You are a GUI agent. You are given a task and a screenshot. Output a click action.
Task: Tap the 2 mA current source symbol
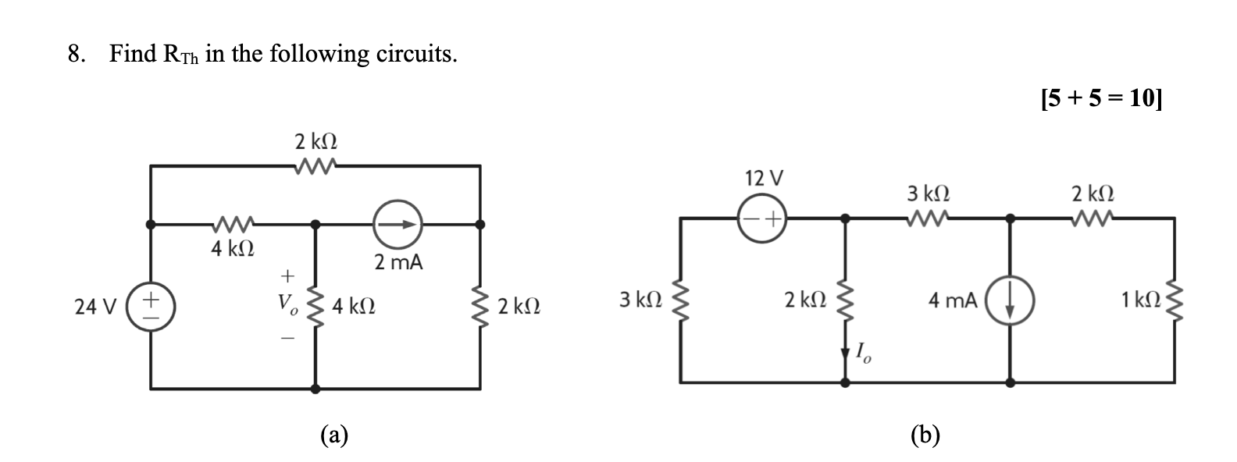[x=397, y=224]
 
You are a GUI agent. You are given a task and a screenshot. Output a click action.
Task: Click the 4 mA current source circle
[x=1011, y=301]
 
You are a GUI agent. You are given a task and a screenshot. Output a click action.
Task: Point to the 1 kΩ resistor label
[x=1138, y=299]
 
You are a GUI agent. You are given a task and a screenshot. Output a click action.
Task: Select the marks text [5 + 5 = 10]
[x=1100, y=99]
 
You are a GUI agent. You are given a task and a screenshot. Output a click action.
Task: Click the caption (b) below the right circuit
[x=925, y=434]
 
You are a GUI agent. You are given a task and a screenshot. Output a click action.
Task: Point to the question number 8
[x=75, y=54]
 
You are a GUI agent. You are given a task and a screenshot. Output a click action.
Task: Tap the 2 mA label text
[x=398, y=263]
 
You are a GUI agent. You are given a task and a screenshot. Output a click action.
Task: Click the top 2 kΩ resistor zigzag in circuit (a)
[x=315, y=165]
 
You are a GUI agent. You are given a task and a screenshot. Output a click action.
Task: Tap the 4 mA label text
[x=953, y=300]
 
